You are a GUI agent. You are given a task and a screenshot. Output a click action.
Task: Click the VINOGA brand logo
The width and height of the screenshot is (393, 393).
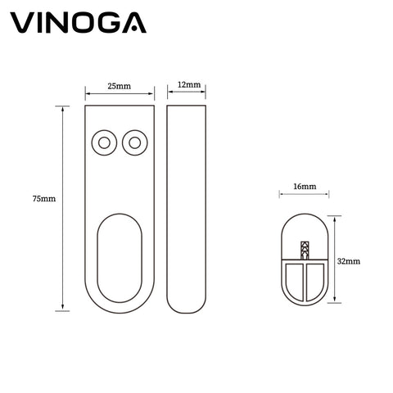[79, 23]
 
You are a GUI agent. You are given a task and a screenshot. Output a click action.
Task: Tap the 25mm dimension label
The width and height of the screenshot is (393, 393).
[120, 86]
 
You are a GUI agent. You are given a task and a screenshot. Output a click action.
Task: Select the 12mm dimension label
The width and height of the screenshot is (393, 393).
[189, 84]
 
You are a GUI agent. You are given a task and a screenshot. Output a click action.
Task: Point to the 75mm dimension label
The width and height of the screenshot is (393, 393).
[44, 199]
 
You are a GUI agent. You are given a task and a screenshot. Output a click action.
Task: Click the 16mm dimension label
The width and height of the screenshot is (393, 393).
[305, 187]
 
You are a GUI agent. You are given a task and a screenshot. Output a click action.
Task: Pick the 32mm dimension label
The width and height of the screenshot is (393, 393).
[349, 261]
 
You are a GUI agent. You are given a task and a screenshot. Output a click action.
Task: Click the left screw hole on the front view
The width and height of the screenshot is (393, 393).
[104, 142]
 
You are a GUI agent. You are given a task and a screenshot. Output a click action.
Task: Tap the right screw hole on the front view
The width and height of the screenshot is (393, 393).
[135, 142]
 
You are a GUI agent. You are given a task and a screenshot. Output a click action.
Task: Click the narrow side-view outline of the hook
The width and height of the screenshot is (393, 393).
[167, 209]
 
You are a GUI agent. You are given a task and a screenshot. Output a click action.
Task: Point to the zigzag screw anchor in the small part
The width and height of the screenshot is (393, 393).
[305, 251]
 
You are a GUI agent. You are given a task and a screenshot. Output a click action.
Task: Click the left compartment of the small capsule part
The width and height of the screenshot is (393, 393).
[295, 280]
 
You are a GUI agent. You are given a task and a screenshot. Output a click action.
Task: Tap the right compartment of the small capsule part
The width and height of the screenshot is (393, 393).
[315, 280]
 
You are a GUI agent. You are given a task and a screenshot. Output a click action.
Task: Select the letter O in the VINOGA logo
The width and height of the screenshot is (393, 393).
[80, 23]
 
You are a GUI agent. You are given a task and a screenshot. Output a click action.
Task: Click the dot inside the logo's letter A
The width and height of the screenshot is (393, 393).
[134, 28]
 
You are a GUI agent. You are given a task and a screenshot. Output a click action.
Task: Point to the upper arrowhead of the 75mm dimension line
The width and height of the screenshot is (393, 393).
[62, 109]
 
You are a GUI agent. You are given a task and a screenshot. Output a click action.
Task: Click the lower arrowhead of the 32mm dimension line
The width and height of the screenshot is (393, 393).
[334, 300]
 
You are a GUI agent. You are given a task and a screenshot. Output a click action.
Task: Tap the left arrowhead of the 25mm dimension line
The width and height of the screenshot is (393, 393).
[88, 94]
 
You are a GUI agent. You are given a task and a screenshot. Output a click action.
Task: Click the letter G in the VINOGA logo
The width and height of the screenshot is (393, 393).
[107, 23]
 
